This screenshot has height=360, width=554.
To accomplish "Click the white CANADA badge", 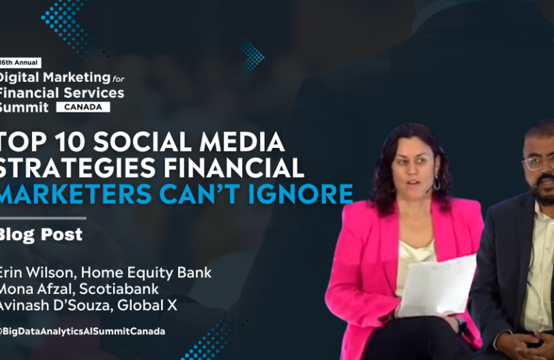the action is pyautogui.click(x=83, y=107).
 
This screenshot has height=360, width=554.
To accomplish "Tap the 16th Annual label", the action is pyautogui.click(x=20, y=63).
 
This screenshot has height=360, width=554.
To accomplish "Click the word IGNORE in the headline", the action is pyautogui.click(x=301, y=194).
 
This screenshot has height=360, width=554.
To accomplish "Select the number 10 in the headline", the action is pyautogui.click(x=70, y=142).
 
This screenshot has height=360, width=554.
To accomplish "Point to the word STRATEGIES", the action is pyautogui.click(x=78, y=168).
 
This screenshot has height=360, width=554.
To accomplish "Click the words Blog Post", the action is pyautogui.click(x=41, y=235).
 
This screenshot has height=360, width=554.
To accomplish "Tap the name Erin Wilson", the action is pyautogui.click(x=36, y=273).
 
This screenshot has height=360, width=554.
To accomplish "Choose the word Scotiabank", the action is pyautogui.click(x=119, y=289).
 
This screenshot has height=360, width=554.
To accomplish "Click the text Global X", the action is pyautogui.click(x=147, y=305).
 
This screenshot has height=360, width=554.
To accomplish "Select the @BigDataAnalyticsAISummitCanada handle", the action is pyautogui.click(x=83, y=331).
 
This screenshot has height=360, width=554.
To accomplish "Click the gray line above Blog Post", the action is pyautogui.click(x=43, y=218).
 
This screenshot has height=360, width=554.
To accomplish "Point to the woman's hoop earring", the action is pyautogui.click(x=437, y=183).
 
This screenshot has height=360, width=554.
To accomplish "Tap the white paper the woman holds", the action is pyautogui.click(x=438, y=286).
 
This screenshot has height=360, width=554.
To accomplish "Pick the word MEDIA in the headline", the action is pyautogui.click(x=242, y=142).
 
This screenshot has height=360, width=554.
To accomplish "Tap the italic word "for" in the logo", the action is pyautogui.click(x=118, y=78).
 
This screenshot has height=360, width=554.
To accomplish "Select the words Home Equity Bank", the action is pyautogui.click(x=146, y=273).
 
